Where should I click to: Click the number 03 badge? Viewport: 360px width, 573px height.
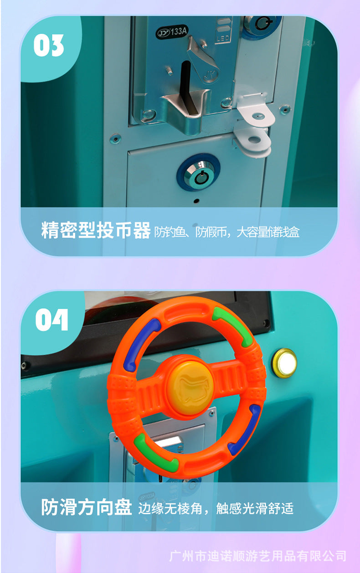click(x=49, y=46)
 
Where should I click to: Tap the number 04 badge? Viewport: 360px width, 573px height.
click(x=51, y=320)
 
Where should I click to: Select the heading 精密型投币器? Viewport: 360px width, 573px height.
click(x=96, y=230)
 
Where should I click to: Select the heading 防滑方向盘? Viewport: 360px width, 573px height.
click(x=87, y=507)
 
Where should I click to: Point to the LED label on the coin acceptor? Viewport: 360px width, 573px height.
click(x=223, y=39)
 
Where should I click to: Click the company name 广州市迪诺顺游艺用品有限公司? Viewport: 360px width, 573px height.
click(x=258, y=556)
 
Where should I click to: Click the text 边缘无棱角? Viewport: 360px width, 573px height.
click(x=170, y=508)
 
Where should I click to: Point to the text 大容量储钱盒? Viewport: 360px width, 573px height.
click(x=268, y=232)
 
